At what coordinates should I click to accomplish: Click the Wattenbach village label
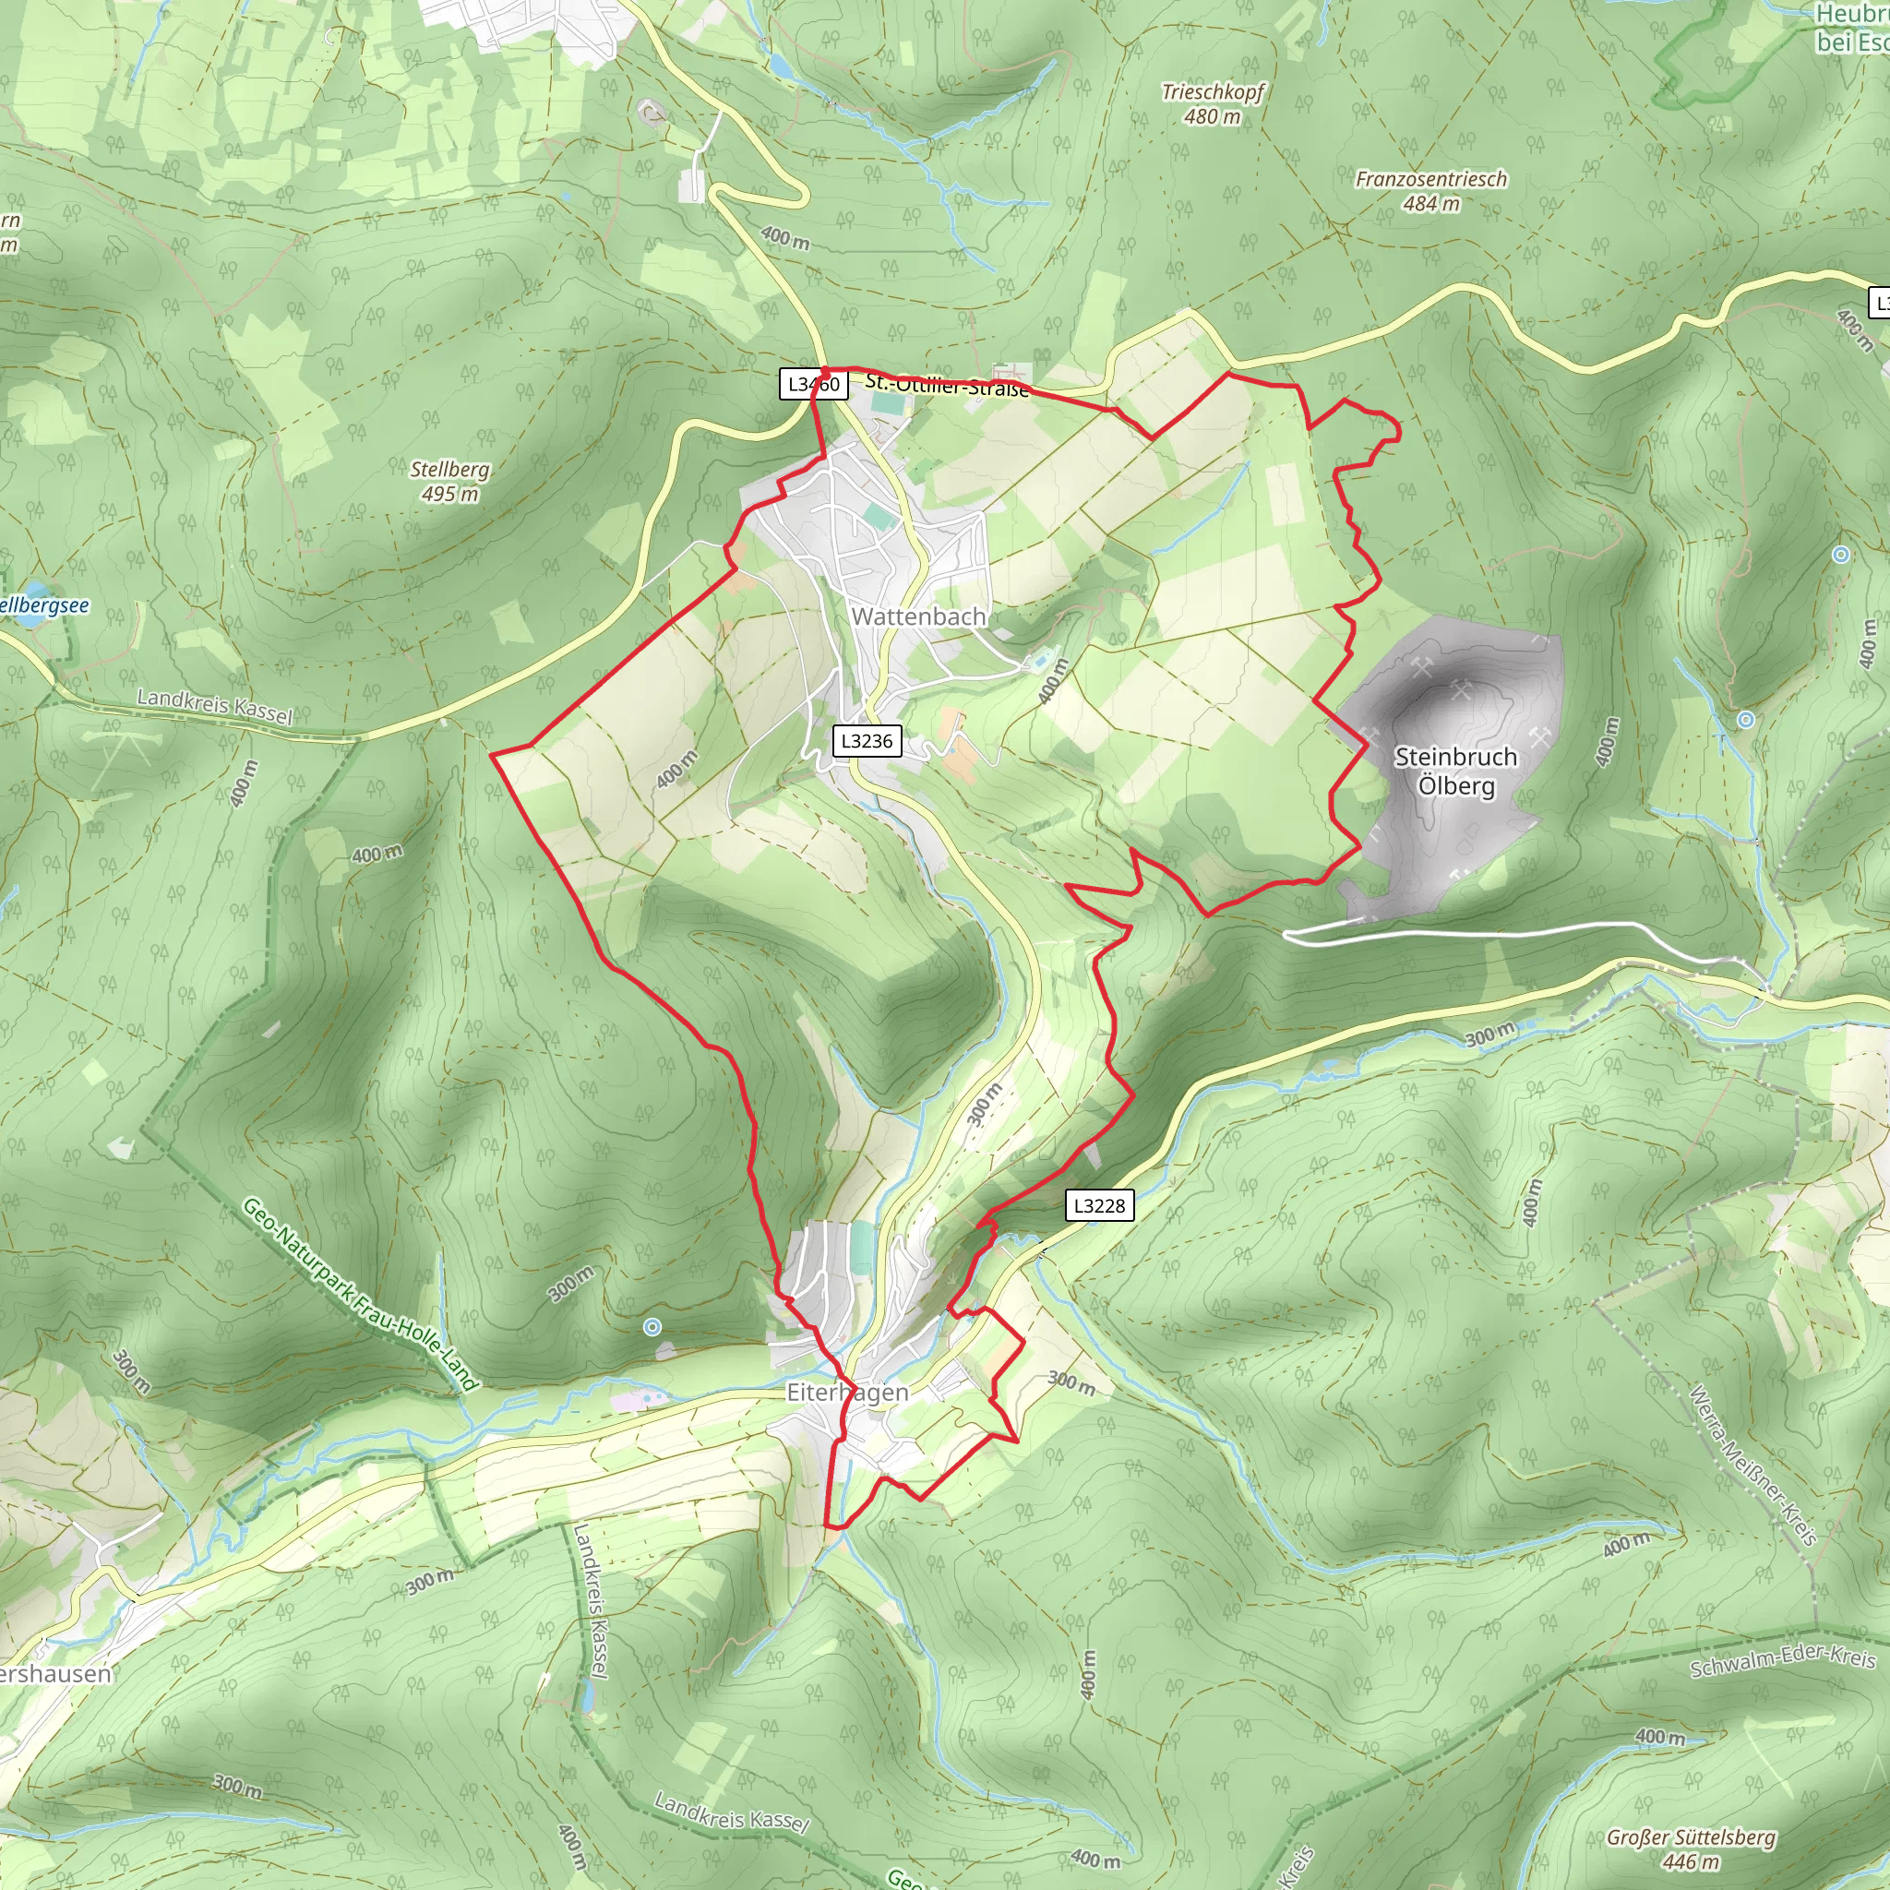coord(917,616)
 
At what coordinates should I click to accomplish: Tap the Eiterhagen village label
coord(847,1392)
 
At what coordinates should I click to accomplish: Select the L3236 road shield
coord(867,740)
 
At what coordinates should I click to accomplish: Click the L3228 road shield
coord(1098,1205)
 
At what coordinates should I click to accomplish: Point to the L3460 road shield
coord(813,385)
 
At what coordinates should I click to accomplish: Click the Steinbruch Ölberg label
coord(1455,771)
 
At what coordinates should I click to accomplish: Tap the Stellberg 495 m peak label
coord(450,482)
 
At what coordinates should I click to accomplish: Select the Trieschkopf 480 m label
coord(1212,103)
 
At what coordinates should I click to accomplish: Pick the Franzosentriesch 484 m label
coord(1431,191)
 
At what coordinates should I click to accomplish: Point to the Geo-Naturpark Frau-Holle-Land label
coord(359,1293)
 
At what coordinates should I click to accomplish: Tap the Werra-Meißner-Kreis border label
coord(1753,1465)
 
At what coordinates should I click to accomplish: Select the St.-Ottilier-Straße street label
coord(947,386)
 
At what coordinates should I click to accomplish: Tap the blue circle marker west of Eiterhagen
coord(652,1326)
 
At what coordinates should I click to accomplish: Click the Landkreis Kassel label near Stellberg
coord(214,705)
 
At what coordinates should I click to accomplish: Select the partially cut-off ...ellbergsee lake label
coord(44,605)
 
